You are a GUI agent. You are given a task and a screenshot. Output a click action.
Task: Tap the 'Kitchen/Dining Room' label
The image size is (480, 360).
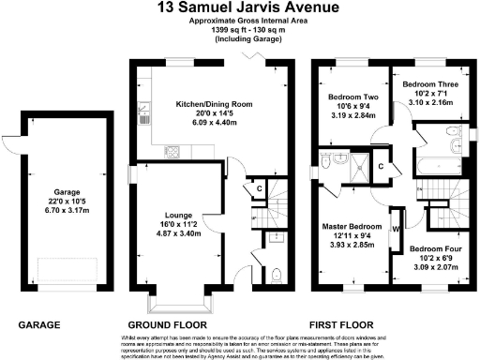(x=204, y=104)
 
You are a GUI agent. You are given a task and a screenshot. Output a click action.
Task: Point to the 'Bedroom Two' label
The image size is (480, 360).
(x=351, y=97)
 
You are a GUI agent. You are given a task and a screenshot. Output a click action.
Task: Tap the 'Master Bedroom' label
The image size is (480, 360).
(x=352, y=227)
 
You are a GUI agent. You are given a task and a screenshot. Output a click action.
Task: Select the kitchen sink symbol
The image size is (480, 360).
(x=143, y=115)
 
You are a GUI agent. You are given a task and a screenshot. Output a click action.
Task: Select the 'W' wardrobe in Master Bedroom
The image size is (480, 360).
(x=397, y=225)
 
